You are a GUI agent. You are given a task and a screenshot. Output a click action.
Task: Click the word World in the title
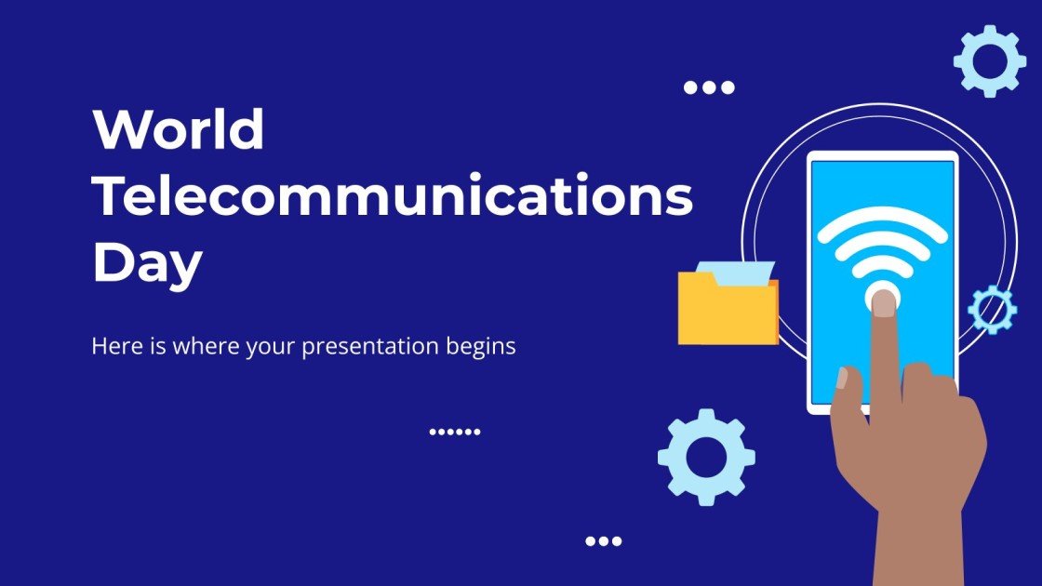[x=179, y=130]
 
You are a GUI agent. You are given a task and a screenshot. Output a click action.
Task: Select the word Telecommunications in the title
[x=393, y=196]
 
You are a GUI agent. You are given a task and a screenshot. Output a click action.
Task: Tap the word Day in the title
[x=147, y=263]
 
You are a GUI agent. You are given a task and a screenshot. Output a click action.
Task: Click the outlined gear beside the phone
[x=992, y=310]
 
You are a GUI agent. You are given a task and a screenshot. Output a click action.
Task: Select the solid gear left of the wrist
[x=706, y=457]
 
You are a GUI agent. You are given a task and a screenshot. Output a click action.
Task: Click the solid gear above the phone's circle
[x=990, y=60]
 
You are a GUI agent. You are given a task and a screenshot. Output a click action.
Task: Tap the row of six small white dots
[x=455, y=432]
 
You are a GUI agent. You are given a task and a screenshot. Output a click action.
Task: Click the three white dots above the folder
[x=709, y=87]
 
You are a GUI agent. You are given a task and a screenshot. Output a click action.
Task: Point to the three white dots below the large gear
[x=603, y=540]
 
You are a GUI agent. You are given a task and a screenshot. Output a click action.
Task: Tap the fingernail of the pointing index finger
[x=883, y=302]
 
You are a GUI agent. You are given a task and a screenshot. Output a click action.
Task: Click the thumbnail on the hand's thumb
[x=842, y=378]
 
